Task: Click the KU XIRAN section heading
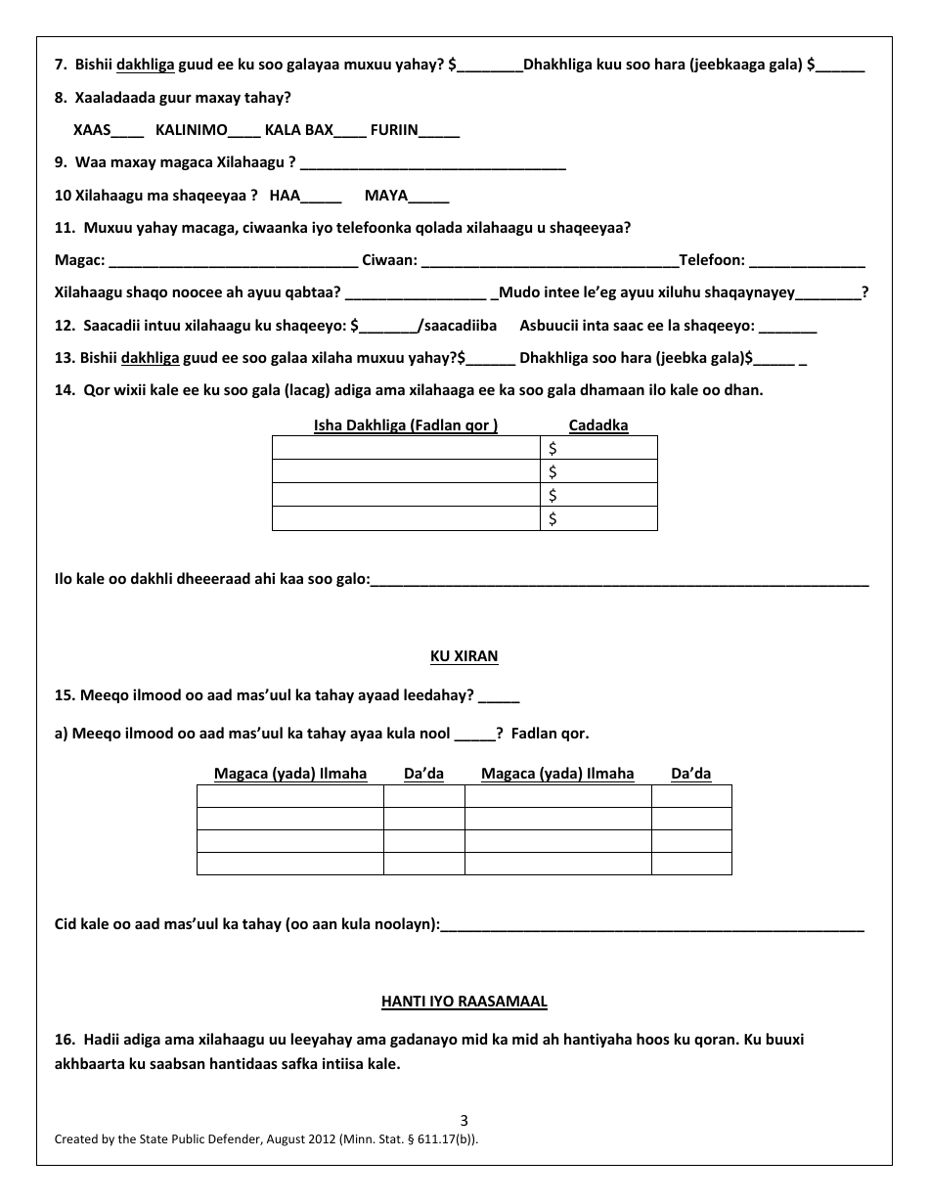464,656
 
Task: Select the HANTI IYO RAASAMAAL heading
464,1001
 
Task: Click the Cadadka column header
598,424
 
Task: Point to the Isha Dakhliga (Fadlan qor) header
406,424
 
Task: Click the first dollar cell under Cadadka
598,448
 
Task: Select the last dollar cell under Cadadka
598,518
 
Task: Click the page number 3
464,1121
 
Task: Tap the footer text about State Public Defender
266,1138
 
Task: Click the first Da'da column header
423,774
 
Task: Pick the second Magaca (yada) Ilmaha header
557,774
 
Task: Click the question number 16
65,1040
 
